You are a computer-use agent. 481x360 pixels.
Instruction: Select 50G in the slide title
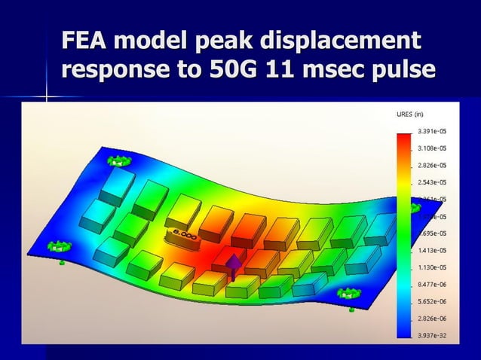point(227,69)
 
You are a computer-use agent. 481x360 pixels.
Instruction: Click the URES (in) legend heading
point(410,114)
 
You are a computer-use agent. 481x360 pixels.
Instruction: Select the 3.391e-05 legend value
point(431,131)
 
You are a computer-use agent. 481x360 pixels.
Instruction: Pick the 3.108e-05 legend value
point(431,148)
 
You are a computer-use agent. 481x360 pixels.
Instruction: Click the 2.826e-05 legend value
point(431,165)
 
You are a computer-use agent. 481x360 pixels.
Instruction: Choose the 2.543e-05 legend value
point(431,182)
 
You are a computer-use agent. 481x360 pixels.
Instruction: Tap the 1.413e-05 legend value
point(431,250)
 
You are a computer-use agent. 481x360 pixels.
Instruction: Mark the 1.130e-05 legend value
point(431,267)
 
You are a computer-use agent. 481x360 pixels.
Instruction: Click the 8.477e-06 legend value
point(431,285)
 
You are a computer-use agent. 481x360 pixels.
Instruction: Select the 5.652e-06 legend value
point(431,301)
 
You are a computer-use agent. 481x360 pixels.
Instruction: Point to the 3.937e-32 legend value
point(431,335)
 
